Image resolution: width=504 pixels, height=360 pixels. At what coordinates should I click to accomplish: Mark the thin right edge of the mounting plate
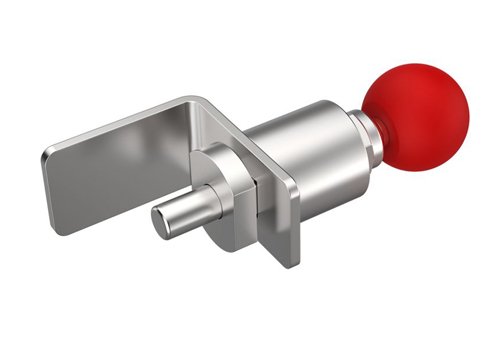coord(296,225)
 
